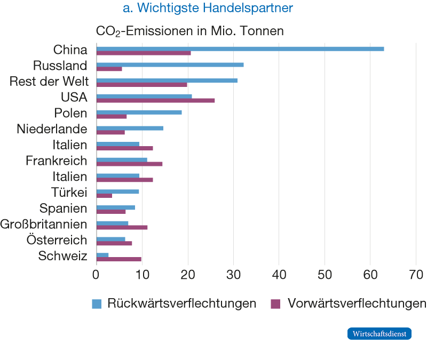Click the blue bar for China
(240, 49)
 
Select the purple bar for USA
(155, 100)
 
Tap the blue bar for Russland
(170, 65)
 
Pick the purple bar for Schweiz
(118, 259)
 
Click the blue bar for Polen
(139, 112)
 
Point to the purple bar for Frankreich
(129, 164)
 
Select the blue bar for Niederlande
(130, 128)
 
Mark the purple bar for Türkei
(104, 196)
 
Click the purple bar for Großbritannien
(122, 227)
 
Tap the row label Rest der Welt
(49, 82)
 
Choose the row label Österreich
(57, 240)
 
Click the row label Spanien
(63, 208)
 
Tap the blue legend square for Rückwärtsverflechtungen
(97, 304)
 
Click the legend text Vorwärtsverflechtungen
(357, 303)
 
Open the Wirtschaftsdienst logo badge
(379, 334)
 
